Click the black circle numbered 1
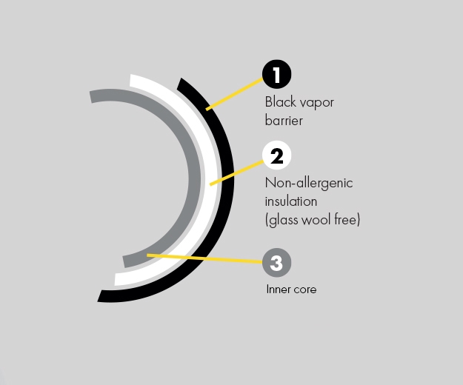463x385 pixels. [276, 75]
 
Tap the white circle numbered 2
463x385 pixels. [276, 156]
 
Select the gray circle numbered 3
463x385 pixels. [276, 262]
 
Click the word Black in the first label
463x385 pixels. [280, 102]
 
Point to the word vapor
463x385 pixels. [316, 103]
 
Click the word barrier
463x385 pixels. [284, 119]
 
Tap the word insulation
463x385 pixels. [291, 201]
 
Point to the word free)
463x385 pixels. [347, 219]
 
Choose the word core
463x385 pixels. [304, 289]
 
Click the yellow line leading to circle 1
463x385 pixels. [233, 93]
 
